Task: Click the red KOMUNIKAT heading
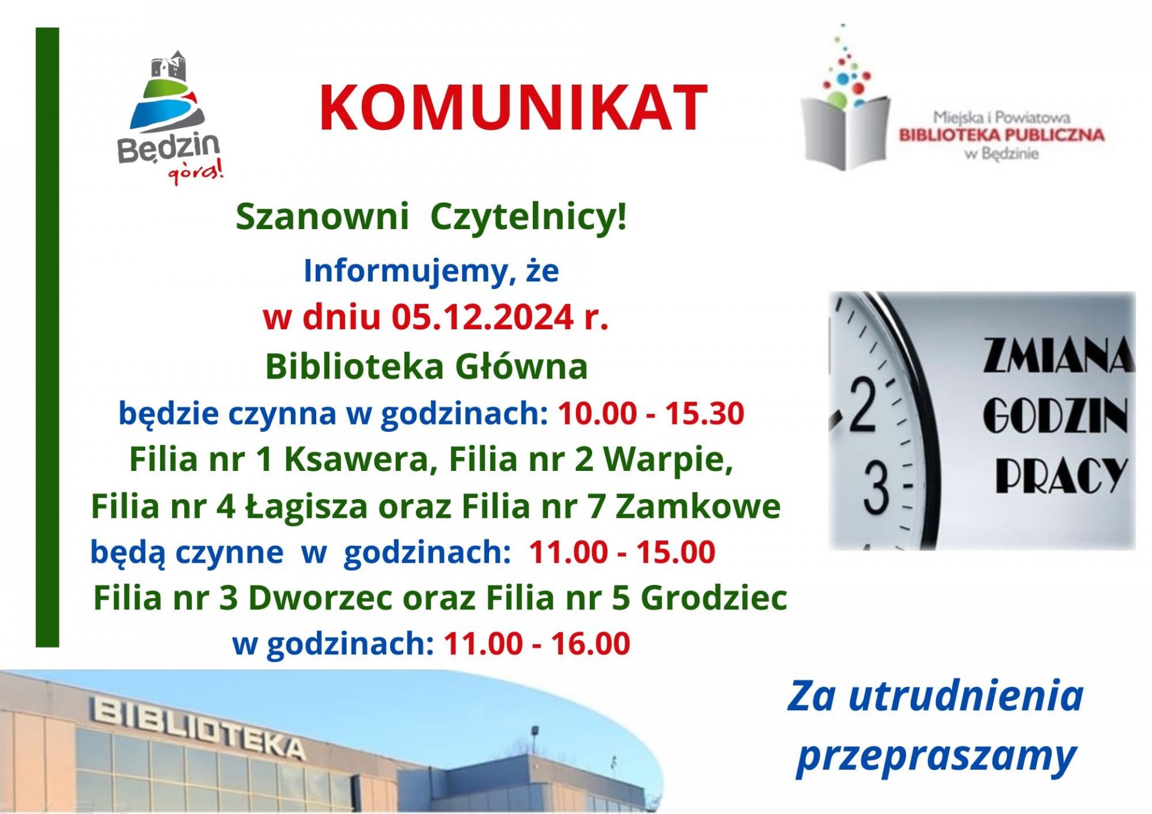[x=513, y=108]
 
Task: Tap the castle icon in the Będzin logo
[x=169, y=66]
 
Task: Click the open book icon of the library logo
[x=846, y=132]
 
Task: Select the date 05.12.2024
[x=482, y=317]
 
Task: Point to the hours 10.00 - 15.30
[x=651, y=413]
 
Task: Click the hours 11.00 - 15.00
[x=622, y=552]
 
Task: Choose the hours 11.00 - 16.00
[x=537, y=644]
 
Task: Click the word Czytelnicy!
[x=529, y=217]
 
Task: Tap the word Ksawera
[x=361, y=460]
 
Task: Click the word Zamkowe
[x=698, y=507]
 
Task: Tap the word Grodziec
[x=714, y=598]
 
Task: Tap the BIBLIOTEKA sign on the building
[x=198, y=728]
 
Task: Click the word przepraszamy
[x=936, y=756]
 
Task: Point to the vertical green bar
[x=47, y=337]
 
